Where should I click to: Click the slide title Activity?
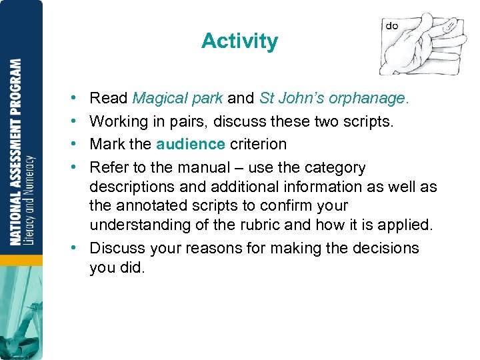239,41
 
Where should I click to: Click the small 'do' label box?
392,26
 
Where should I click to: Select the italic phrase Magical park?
177,99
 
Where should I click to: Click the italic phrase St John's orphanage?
333,99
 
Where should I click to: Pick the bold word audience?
191,144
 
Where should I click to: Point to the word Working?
118,121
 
